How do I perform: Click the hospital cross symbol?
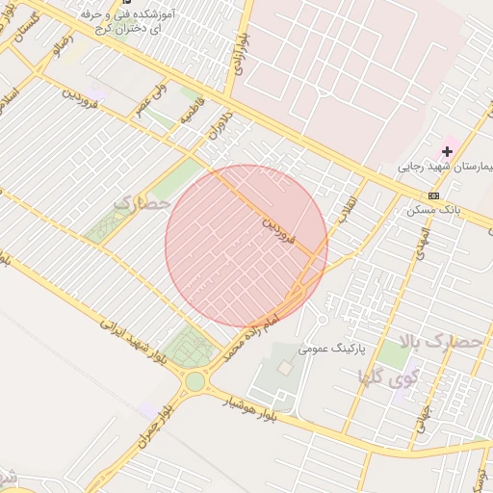click(x=447, y=151)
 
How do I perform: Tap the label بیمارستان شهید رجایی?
click(x=449, y=168)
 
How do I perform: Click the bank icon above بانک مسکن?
click(x=433, y=195)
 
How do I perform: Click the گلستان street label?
click(x=26, y=29)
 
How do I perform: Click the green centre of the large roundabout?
click(x=195, y=381)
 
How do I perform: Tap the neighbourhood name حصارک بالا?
click(x=439, y=341)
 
